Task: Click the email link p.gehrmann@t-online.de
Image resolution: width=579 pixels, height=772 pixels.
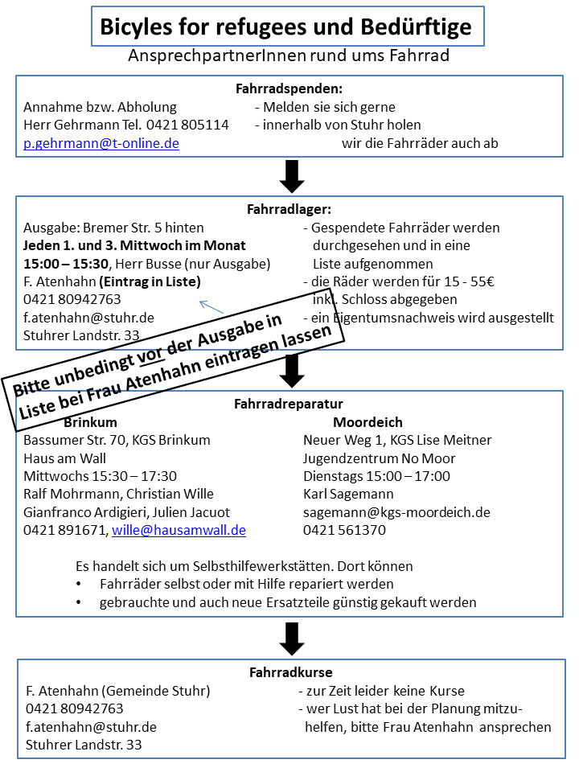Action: [101, 144]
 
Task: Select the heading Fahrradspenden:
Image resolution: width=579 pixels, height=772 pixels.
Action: [289, 88]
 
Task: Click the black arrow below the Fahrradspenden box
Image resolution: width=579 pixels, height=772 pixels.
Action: [292, 175]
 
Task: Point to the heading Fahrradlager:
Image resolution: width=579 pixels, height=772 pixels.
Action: [289, 209]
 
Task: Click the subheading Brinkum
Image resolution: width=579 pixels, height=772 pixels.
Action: [90, 422]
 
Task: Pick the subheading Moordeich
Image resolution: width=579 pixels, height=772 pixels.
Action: [368, 422]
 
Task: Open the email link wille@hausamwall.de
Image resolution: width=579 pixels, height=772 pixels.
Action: [179, 531]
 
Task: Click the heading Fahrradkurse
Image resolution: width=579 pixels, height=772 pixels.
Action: [290, 672]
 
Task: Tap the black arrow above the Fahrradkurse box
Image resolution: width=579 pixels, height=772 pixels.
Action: [292, 639]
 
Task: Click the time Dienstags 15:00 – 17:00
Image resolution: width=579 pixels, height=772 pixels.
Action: [376, 476]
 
